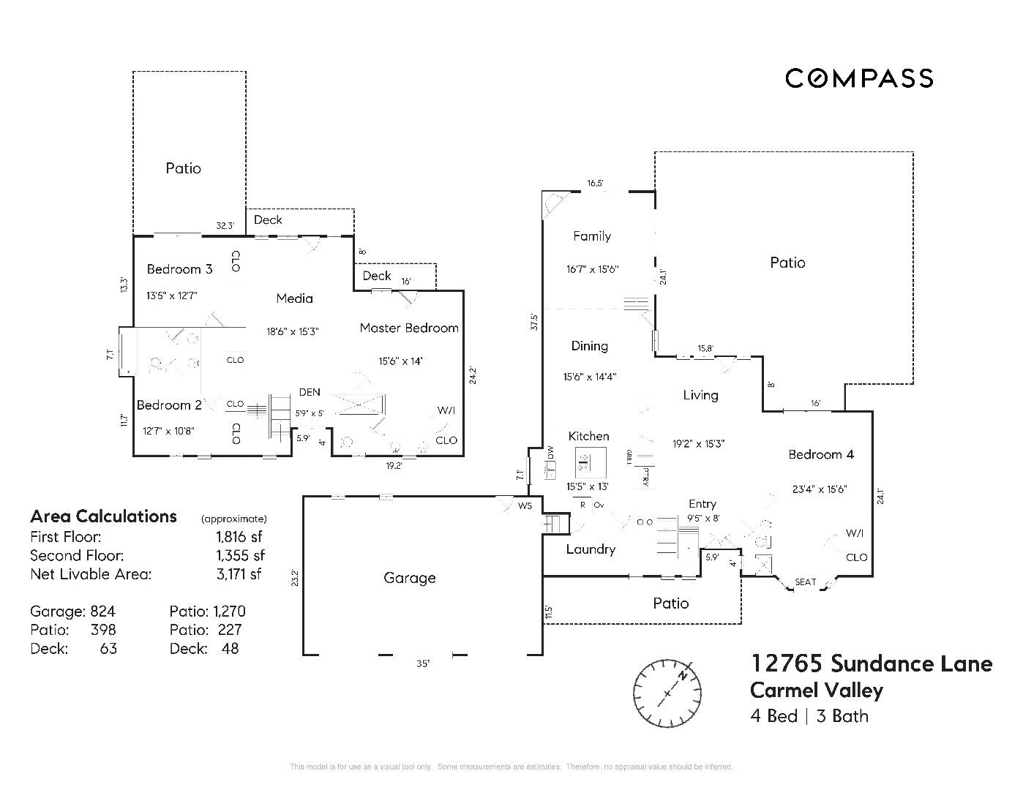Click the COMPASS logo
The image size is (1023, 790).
pos(859,78)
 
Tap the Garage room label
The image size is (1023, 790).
pos(409,578)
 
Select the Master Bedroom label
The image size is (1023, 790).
pos(409,328)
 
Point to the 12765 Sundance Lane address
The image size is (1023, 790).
pos(871,663)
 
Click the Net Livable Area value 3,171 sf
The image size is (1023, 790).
pos(239,574)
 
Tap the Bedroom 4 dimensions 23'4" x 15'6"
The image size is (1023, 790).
pos(820,489)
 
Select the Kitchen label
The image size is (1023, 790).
pos(588,436)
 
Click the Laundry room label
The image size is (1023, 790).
pos(591,549)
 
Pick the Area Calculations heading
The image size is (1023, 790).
pos(103,516)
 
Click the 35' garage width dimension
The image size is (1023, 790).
pos(423,664)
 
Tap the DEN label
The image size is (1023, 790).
pos(310,392)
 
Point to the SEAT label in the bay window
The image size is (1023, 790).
pos(805,582)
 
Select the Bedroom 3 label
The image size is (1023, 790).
pos(179,269)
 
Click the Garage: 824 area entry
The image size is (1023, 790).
pos(72,612)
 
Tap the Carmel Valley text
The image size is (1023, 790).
pos(817,690)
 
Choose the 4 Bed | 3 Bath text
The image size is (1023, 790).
pos(809,716)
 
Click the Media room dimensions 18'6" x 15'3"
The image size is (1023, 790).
pos(292,331)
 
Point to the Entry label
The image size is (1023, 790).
pos(702,504)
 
